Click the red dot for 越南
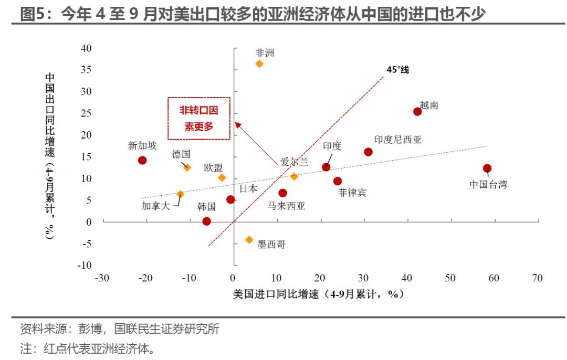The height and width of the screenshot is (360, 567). (417, 111)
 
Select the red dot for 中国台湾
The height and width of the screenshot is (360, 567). (487, 168)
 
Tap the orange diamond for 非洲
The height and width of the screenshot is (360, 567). (259, 63)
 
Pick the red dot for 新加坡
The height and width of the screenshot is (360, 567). (142, 160)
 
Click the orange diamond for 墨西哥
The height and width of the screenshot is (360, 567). (249, 240)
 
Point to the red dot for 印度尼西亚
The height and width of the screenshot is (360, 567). (368, 152)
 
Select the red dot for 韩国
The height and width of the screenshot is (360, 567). (207, 221)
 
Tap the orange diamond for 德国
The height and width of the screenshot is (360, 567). (187, 167)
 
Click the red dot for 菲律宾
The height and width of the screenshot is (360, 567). (338, 181)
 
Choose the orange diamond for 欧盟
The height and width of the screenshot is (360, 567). (222, 177)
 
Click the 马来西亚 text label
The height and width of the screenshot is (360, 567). (286, 206)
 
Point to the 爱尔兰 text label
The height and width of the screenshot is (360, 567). (294, 162)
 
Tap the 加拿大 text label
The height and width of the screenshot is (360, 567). (156, 206)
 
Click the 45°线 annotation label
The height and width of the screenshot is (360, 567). (397, 69)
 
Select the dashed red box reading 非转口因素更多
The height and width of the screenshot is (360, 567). (199, 118)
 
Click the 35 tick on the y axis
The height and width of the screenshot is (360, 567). (86, 69)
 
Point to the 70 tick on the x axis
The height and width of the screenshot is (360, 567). (537, 278)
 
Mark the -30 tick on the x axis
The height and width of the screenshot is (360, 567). (102, 278)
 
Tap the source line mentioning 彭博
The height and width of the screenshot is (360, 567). (120, 329)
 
